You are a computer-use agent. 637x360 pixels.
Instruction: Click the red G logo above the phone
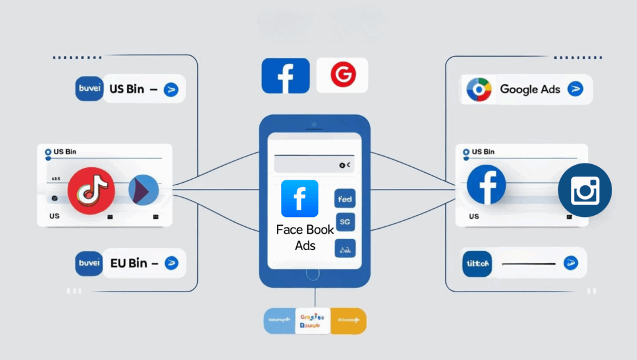pos(342,75)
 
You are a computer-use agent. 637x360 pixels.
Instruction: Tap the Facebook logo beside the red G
pos(286,76)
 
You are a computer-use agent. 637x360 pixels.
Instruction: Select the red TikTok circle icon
pos(91,190)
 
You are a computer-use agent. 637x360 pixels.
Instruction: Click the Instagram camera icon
pos(585,190)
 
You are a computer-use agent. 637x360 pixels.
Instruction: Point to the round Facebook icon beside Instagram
pos(486,184)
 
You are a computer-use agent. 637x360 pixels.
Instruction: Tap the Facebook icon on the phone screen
pos(299,198)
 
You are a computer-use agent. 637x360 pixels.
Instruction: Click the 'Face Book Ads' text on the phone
pos(305,238)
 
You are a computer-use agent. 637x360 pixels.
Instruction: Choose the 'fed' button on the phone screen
pos(345,199)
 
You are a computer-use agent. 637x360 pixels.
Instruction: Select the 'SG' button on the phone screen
pos(345,221)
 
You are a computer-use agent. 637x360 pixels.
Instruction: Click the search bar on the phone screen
pos(314,164)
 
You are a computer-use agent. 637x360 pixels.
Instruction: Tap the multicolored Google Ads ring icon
pos(479,90)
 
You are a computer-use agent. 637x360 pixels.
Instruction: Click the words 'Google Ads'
pos(530,89)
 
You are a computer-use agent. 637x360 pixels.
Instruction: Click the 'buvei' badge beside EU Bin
pos(90,263)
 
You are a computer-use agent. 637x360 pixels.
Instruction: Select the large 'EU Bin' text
pos(129,263)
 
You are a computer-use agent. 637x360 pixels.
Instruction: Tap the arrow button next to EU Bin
pos(171,264)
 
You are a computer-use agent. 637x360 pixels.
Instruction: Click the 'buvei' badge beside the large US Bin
pos(90,89)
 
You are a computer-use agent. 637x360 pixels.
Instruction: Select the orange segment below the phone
pos(348,321)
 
